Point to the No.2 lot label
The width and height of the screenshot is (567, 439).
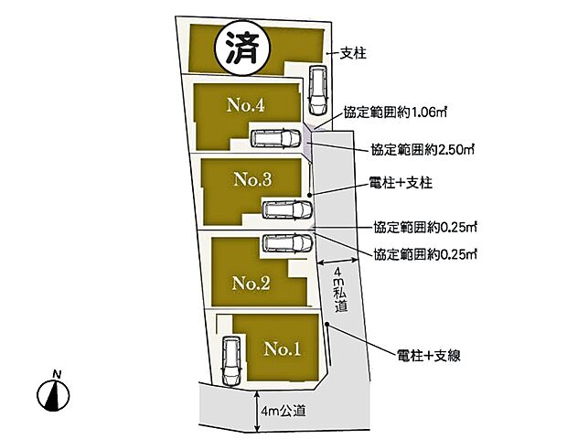[251, 284]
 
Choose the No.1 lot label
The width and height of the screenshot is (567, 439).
[283, 348]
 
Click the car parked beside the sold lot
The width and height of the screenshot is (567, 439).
[316, 90]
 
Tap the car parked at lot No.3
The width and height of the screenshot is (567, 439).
[287, 209]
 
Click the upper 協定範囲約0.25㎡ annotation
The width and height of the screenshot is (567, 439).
[426, 224]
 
